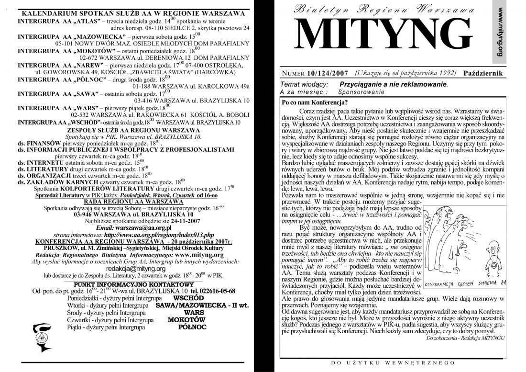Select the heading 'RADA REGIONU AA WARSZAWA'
tap(132, 202)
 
